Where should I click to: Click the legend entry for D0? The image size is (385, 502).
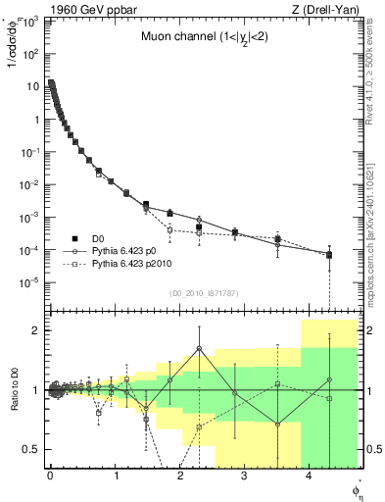pyautogui.click(x=99, y=238)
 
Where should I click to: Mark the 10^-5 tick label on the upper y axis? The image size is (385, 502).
pyautogui.click(x=31, y=282)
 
